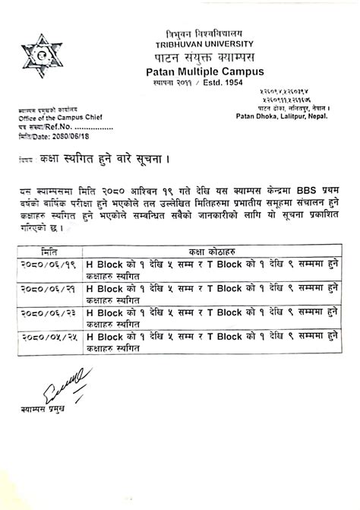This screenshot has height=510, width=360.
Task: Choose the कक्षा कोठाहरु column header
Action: [211, 250]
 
